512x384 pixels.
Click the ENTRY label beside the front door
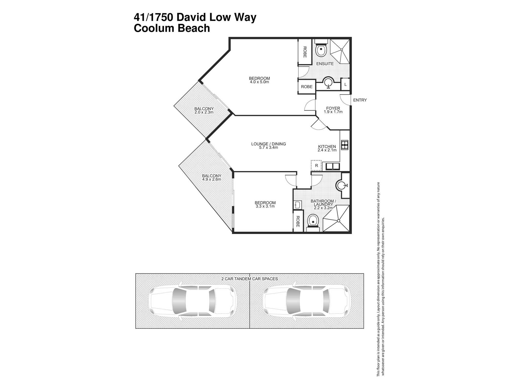[x=360, y=100]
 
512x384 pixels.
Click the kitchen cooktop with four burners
[x=345, y=145]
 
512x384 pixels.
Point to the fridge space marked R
[x=316, y=166]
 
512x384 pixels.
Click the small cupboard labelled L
[x=345, y=84]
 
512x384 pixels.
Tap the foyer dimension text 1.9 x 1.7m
[x=333, y=112]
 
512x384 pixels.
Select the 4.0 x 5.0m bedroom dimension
[x=259, y=82]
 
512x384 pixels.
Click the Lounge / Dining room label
[x=268, y=144]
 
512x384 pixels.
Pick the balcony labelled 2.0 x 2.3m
[x=204, y=110]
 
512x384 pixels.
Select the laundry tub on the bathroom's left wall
[x=297, y=205]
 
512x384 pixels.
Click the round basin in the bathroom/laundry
[x=342, y=185]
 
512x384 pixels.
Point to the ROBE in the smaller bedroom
[x=298, y=221]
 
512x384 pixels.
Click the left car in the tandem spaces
[x=192, y=301]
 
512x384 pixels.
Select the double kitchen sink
[x=333, y=167]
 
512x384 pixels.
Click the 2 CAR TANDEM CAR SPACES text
[x=249, y=279]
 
